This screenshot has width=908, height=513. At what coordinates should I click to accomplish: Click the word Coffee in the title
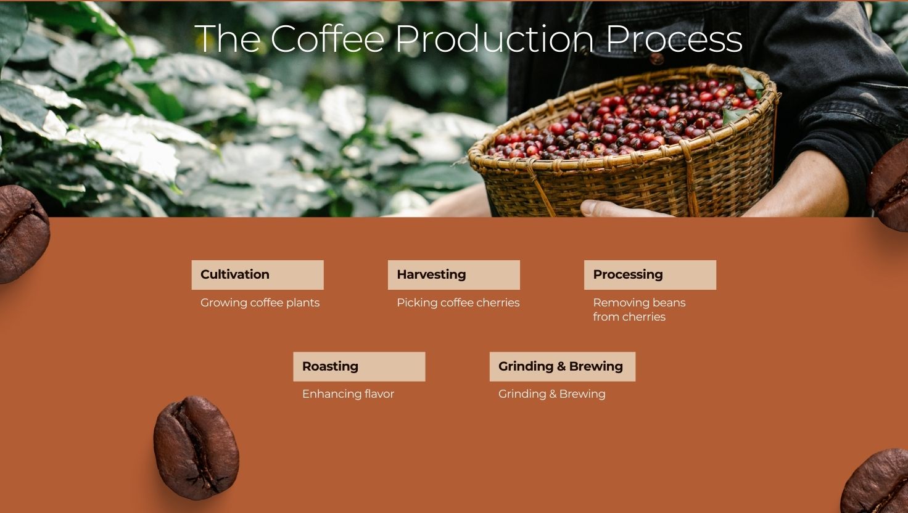pos(327,38)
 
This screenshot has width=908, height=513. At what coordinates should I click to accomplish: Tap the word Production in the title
pos(495,38)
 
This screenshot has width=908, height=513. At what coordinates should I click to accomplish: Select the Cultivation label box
pos(257,275)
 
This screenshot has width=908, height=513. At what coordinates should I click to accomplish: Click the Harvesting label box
pos(453,275)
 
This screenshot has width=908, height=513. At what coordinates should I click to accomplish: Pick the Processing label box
pos(650,275)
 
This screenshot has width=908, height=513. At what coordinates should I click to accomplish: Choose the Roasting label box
pos(359,366)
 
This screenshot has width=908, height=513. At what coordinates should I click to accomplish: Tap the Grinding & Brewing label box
pos(562,366)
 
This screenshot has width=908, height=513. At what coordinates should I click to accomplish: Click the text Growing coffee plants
pos(260,303)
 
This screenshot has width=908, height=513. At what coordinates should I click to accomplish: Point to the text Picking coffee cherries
pos(458,303)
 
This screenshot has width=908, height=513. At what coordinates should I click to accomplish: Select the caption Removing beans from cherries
pos(639,310)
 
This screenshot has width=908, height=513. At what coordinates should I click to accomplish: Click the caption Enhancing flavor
pos(348,394)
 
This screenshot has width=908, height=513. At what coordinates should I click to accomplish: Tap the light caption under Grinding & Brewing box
pos(551,394)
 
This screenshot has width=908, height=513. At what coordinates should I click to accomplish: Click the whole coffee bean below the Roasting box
pos(196,448)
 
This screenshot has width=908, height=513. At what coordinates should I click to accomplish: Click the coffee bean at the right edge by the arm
pos(889,186)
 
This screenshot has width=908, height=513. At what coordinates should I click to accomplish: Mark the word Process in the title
pos(674,38)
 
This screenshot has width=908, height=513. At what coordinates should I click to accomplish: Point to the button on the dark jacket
pos(656,59)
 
